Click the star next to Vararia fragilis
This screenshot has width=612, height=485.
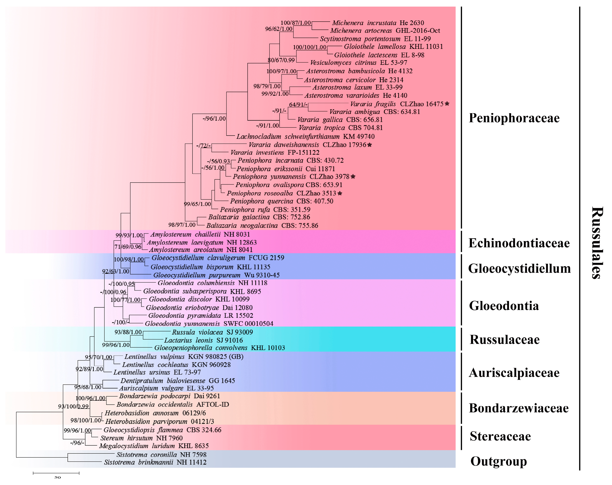point(447,104)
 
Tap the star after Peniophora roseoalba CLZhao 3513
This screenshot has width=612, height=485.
point(340,193)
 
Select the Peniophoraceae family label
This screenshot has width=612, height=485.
point(514,118)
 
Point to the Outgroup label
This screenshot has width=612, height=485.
point(498,461)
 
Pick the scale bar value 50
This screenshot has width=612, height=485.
point(58,477)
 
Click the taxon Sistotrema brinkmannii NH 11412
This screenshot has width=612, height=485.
point(155,462)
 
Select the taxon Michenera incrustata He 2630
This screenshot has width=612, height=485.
point(378,23)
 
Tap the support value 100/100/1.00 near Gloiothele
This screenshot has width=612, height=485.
point(310,47)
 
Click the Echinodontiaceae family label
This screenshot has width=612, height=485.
point(519,243)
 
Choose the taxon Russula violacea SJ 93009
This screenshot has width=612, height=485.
point(212,332)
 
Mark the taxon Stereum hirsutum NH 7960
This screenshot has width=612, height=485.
point(141,438)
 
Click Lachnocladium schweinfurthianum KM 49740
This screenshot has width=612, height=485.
point(305,137)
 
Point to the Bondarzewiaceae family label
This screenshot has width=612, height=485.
point(519,408)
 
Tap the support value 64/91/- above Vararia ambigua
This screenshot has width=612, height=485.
point(298,104)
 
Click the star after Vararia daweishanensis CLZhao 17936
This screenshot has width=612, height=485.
point(370,145)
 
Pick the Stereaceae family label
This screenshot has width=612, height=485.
point(500,436)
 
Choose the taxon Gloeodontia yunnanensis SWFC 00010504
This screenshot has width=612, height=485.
point(209,324)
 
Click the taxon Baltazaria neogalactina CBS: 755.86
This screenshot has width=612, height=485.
point(262,226)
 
